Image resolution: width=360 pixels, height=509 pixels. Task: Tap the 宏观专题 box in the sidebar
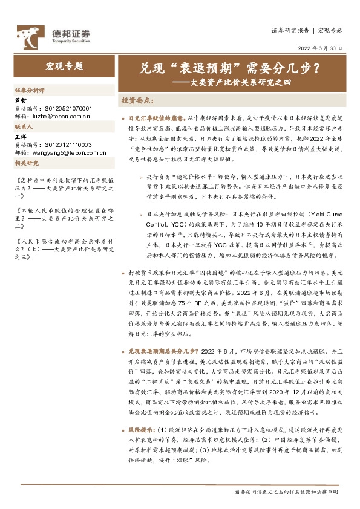[x=64, y=66]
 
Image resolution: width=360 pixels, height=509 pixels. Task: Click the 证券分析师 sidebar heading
[x=30, y=89]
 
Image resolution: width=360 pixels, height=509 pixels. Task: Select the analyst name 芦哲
[x=21, y=100]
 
